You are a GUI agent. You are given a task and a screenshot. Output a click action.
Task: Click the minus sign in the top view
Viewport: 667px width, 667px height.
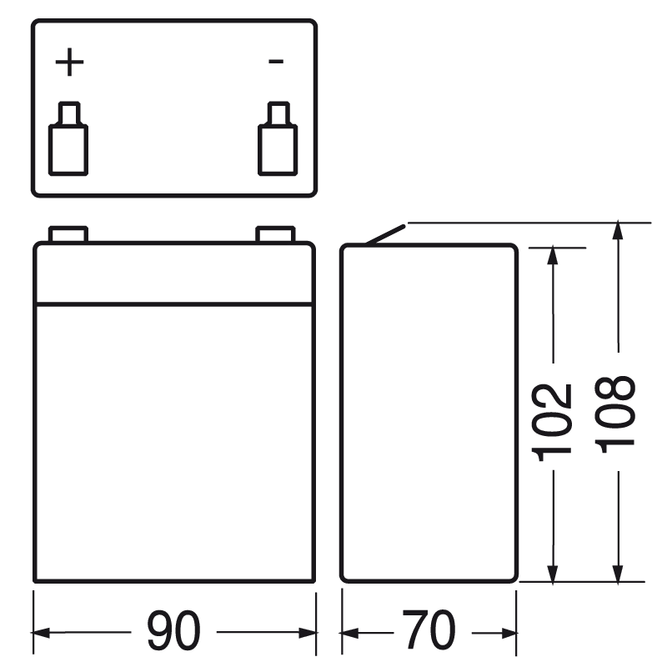pyautogui.click(x=277, y=62)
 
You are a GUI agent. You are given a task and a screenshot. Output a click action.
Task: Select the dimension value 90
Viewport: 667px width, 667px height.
pyautogui.click(x=174, y=630)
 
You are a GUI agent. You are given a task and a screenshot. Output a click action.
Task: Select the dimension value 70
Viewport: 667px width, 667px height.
pyautogui.click(x=429, y=630)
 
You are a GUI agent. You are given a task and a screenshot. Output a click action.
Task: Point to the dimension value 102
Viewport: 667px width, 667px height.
pyautogui.click(x=553, y=422)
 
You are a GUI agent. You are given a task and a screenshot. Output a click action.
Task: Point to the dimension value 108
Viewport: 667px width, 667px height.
pyautogui.click(x=618, y=412)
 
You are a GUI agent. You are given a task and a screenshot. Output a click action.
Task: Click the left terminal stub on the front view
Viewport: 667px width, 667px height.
pyautogui.click(x=68, y=234)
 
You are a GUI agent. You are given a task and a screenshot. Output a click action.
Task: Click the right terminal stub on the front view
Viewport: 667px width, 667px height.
pyautogui.click(x=274, y=234)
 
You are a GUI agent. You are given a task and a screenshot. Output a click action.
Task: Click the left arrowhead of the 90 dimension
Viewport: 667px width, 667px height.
pyautogui.click(x=42, y=631)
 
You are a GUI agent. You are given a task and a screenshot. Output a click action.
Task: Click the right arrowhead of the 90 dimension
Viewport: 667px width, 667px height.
pyautogui.click(x=308, y=631)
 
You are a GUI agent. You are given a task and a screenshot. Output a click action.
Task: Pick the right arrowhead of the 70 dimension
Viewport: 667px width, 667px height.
pyautogui.click(x=509, y=631)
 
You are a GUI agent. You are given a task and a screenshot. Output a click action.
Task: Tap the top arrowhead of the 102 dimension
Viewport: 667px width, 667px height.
pyautogui.click(x=552, y=255)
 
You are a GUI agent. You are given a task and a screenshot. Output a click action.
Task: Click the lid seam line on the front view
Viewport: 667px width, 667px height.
pyautogui.click(x=174, y=303)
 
